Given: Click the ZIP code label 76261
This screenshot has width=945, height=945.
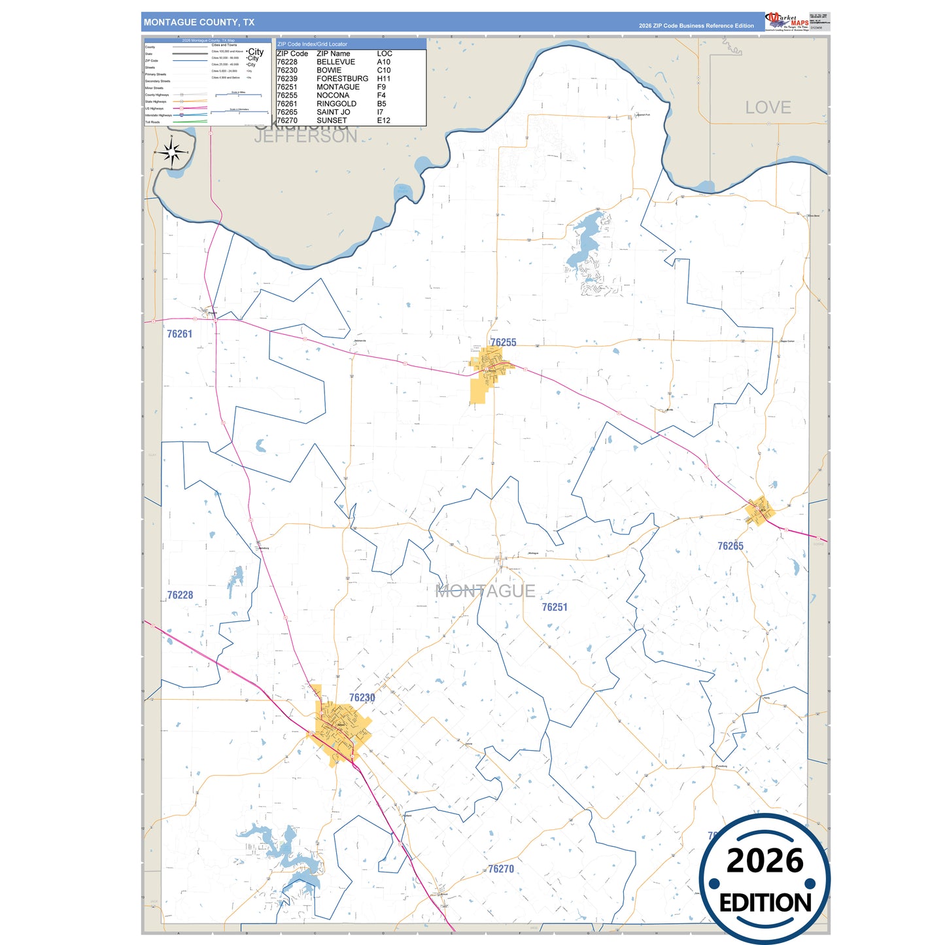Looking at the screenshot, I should point(179,334).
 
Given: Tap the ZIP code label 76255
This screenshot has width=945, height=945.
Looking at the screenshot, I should point(503,343).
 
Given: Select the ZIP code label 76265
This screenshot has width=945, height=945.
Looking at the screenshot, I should point(730,546).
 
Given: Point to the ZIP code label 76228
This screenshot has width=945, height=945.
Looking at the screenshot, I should point(180,595).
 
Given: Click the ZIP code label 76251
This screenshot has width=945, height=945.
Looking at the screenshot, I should point(555,608).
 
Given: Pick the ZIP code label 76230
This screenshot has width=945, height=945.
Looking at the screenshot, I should point(362,698).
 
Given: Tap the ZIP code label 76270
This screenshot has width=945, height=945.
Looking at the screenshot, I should point(501,869).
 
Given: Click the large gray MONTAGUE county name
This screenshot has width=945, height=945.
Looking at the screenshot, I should point(485,591).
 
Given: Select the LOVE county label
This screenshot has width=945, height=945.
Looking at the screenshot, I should point(768,108).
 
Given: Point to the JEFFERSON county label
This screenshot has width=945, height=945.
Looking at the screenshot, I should point(305,137).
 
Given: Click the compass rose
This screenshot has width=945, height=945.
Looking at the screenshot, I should point(171,153).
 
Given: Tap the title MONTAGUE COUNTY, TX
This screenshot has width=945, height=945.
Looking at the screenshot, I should point(199,22).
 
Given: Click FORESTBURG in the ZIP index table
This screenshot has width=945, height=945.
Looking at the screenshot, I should point(342,78).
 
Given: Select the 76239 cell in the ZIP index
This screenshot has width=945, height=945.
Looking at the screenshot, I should point(286,78).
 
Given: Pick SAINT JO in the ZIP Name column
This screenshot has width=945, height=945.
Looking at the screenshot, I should point(333,112).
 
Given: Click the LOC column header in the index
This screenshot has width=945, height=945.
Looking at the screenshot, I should point(385,54).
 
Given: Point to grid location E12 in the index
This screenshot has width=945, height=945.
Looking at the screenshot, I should point(383,121).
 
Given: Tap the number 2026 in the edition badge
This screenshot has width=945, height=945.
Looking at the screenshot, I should point(765,861).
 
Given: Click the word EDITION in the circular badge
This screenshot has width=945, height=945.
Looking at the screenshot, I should point(765,903).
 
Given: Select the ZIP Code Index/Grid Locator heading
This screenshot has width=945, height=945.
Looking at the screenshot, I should point(312,44).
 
